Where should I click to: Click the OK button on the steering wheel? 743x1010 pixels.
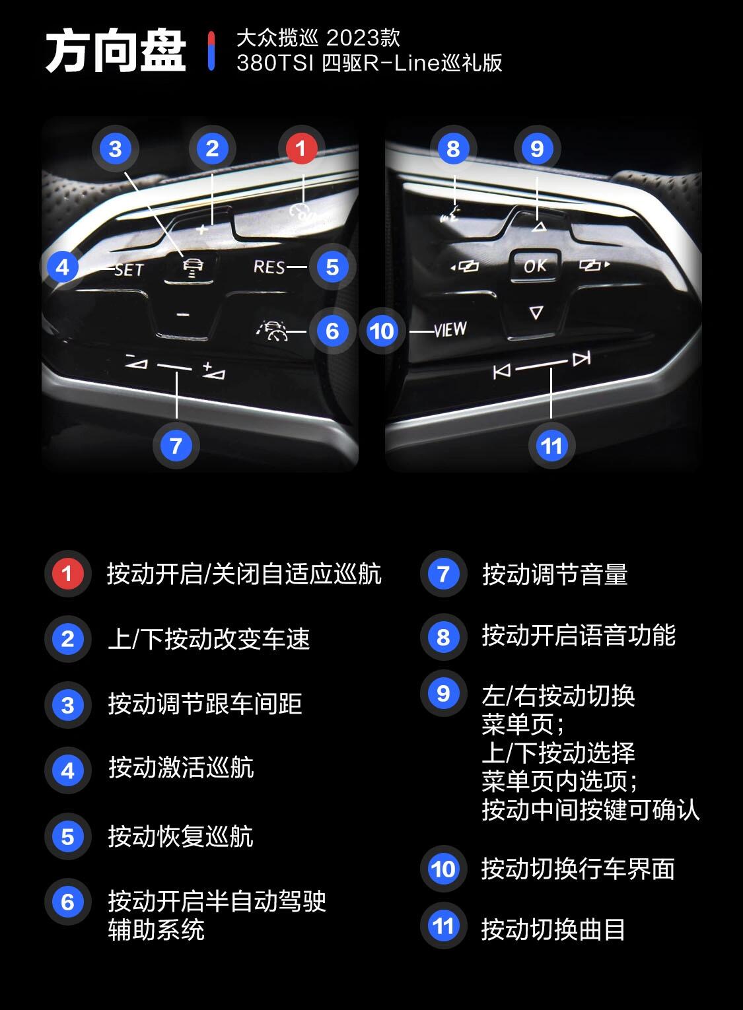[535, 265]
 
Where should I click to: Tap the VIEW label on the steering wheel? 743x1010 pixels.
[451, 329]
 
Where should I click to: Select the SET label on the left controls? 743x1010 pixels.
[129, 269]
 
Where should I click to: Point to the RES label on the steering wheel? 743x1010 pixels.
[269, 267]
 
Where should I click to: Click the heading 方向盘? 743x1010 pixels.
[116, 51]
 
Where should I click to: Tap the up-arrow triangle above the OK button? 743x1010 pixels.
[538, 227]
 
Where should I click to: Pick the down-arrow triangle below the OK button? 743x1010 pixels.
[536, 312]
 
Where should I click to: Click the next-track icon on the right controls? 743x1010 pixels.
[581, 359]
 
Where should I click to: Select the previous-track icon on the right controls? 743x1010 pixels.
[502, 372]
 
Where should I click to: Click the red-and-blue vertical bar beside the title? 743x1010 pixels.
[211, 50]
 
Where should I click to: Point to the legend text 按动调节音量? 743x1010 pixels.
[555, 574]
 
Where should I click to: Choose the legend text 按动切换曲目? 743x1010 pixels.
[553, 929]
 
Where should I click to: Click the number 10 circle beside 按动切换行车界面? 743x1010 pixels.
[443, 869]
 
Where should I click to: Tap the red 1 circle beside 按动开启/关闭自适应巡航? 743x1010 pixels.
[67, 573]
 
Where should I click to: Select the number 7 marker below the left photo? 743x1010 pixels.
[176, 446]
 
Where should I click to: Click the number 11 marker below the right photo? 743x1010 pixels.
[551, 446]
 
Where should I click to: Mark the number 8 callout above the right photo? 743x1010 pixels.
[453, 149]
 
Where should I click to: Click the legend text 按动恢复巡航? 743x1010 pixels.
[180, 836]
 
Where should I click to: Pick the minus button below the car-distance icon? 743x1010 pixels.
[183, 315]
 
